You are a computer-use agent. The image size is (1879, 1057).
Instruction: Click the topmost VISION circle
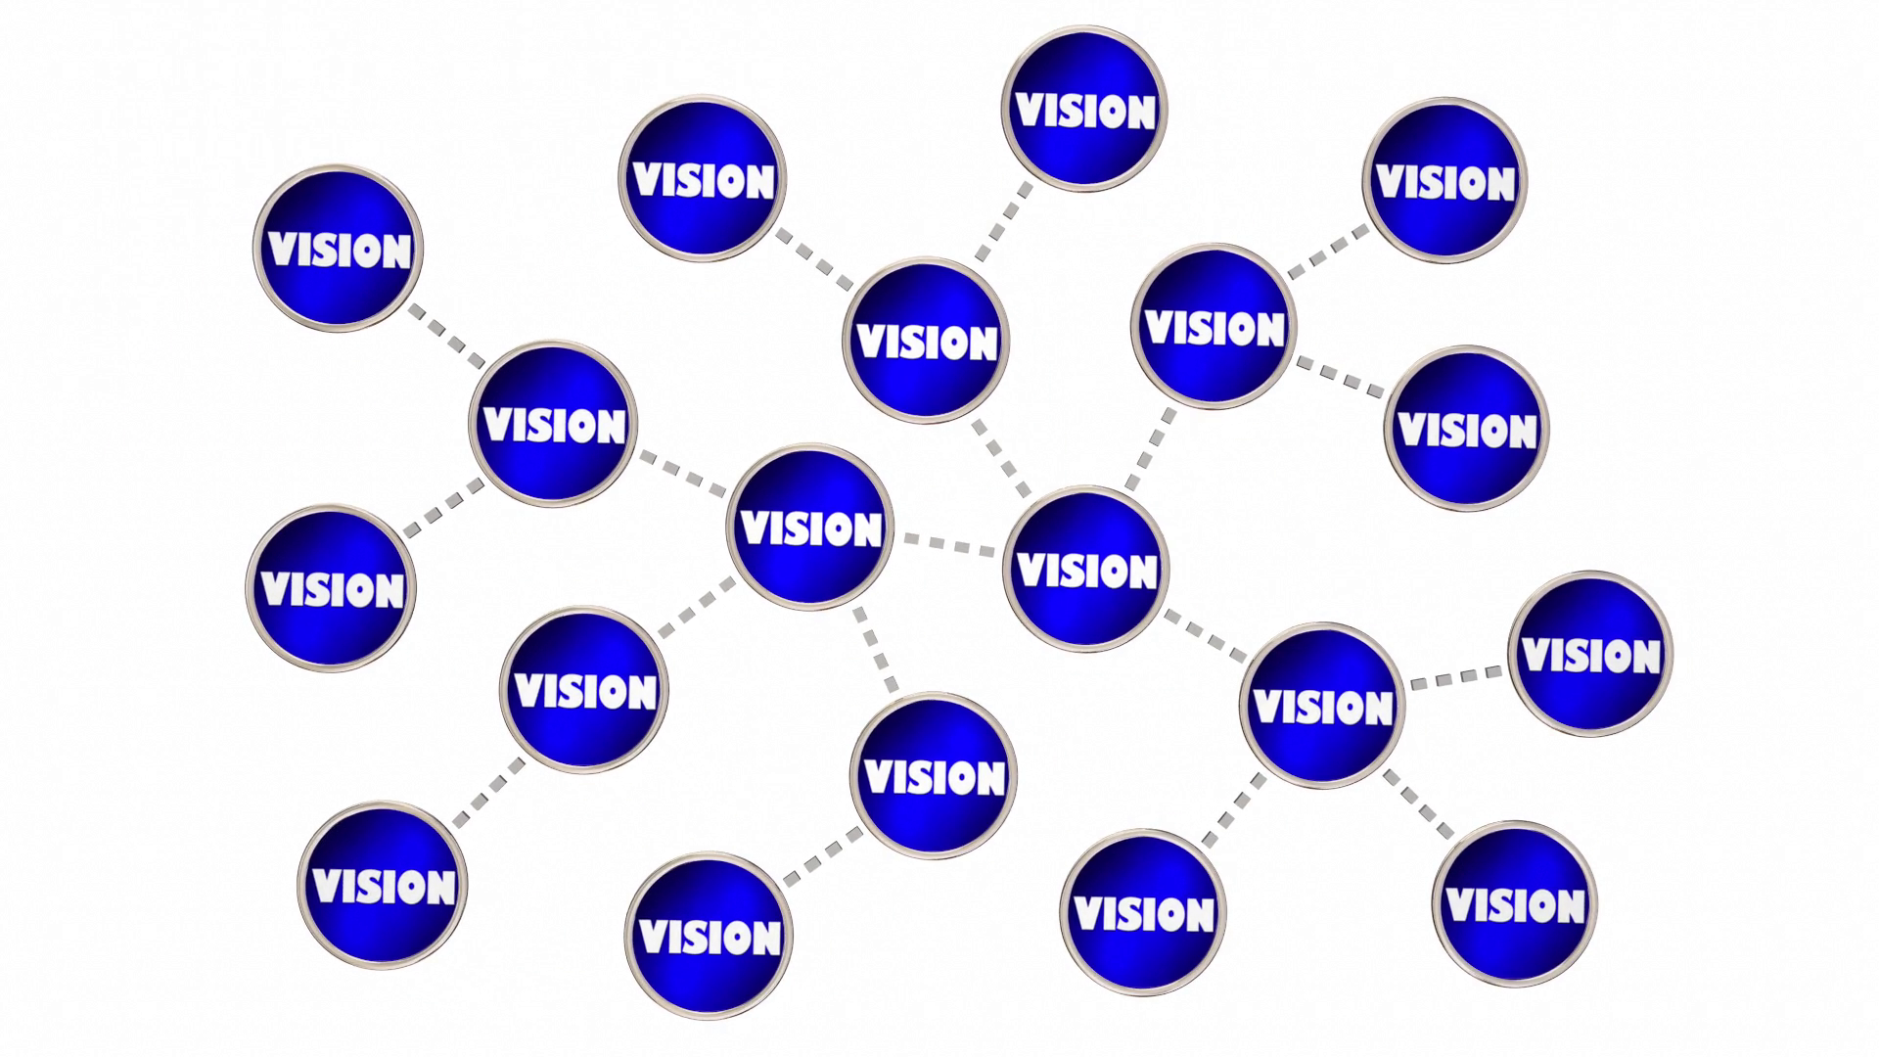coord(1084,108)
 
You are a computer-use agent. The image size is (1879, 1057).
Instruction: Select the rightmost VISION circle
coord(1590,654)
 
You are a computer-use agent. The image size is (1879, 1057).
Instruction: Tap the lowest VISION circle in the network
coord(709,936)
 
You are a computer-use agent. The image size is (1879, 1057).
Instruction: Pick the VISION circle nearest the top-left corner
coord(338,248)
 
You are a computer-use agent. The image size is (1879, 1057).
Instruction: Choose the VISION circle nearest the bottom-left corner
coord(383,886)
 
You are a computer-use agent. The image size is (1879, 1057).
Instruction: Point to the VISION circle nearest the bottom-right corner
coord(1514,903)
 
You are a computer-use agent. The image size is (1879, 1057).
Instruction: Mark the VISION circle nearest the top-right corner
coord(1444,180)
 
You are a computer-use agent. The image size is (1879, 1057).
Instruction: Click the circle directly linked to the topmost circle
coord(926,341)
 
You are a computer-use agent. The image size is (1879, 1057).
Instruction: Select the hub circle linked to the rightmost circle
coord(1322,706)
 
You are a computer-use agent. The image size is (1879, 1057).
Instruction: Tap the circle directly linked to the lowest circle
coord(934,776)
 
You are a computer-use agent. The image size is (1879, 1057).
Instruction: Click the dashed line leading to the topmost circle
coord(1004,222)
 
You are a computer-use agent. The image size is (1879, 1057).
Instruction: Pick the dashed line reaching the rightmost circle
coord(1456,677)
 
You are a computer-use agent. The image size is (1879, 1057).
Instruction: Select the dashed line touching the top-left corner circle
coord(446,336)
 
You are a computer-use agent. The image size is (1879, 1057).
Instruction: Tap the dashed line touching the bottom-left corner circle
coord(488,793)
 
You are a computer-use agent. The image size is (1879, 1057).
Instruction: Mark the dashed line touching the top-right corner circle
coord(1329,252)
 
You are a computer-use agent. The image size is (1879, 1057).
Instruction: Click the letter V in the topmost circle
coord(1029,111)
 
